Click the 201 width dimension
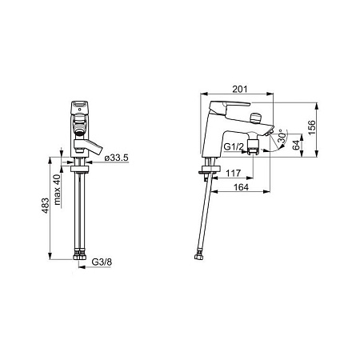(x=240, y=89)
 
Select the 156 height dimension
(x=311, y=127)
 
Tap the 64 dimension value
(x=296, y=145)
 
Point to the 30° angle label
(x=282, y=138)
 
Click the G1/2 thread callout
(x=234, y=146)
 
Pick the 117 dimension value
(x=234, y=173)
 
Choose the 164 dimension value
(x=241, y=187)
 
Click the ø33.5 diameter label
(x=117, y=158)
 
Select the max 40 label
(x=57, y=190)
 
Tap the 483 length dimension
(x=46, y=206)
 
